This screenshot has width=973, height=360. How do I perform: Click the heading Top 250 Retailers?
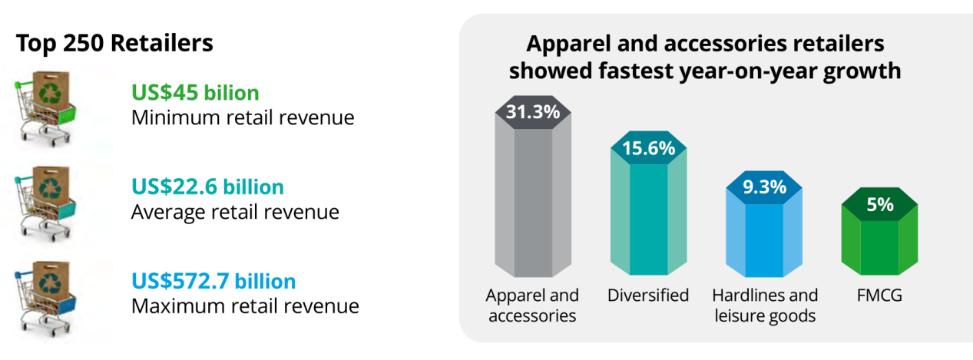coord(114,44)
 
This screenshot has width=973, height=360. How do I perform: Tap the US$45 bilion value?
coord(195,93)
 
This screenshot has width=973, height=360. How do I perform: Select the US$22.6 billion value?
coord(207,187)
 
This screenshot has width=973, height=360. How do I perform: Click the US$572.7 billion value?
coord(213,281)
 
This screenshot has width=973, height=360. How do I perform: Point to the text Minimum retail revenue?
coord(243,117)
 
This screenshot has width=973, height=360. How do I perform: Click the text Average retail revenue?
coord(235,211)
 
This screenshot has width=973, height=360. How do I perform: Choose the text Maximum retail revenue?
coord(245,306)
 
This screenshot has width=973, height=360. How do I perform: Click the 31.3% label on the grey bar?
coord(532,111)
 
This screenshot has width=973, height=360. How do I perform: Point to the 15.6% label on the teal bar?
coord(648,147)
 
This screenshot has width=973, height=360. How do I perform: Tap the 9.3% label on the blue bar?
coord(764,187)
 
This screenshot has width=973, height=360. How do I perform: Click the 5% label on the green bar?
coord(880,205)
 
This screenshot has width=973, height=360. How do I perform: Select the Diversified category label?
coord(648,296)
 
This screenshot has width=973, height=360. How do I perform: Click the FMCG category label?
coord(880,296)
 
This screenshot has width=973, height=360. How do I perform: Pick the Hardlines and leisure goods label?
coord(765,305)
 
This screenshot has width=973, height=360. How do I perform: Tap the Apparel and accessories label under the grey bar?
coord(532,305)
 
